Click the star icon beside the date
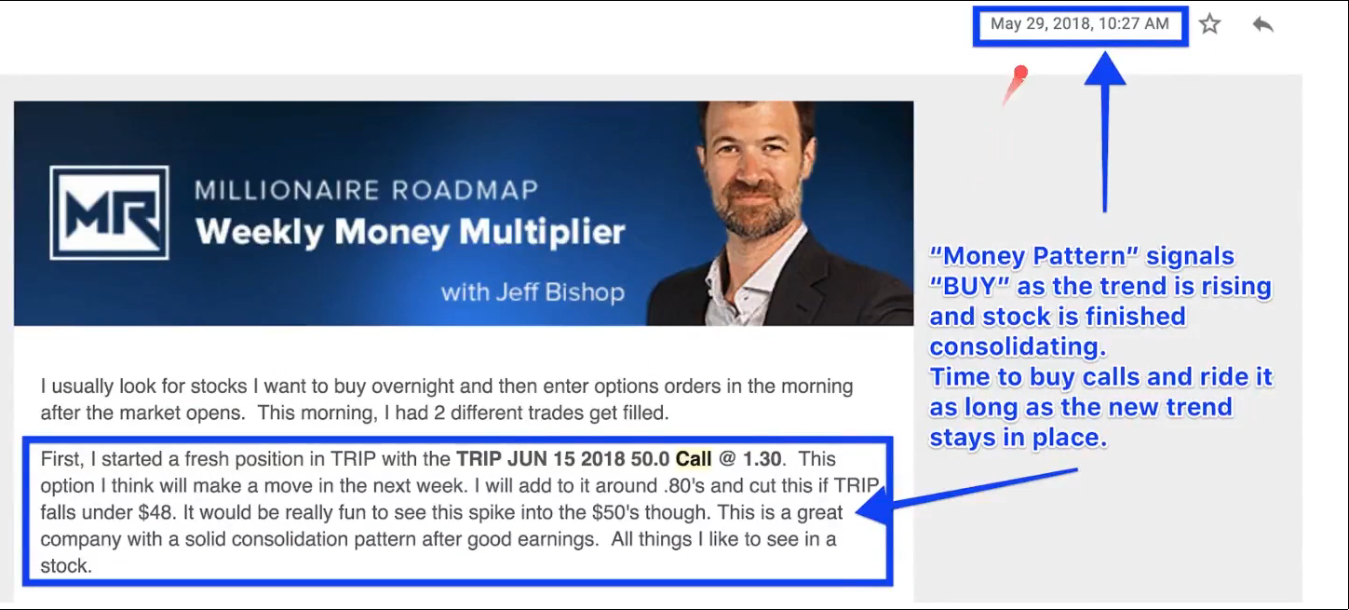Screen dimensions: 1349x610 point(1209,24)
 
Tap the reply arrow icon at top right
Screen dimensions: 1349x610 point(1262,24)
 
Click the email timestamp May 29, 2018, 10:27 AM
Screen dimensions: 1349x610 point(1080,23)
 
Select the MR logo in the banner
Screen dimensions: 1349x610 point(109,212)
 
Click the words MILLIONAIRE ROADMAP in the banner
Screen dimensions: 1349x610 point(366,190)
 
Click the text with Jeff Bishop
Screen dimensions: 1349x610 point(533,292)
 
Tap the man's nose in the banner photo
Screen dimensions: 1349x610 point(751,170)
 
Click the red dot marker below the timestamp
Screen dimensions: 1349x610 point(1020,73)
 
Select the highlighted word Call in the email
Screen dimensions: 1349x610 point(694,459)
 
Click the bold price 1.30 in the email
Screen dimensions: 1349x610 point(762,459)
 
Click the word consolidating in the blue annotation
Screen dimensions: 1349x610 point(1018,346)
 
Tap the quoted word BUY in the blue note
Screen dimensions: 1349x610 point(969,286)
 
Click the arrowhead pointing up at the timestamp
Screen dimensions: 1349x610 point(1105,67)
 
